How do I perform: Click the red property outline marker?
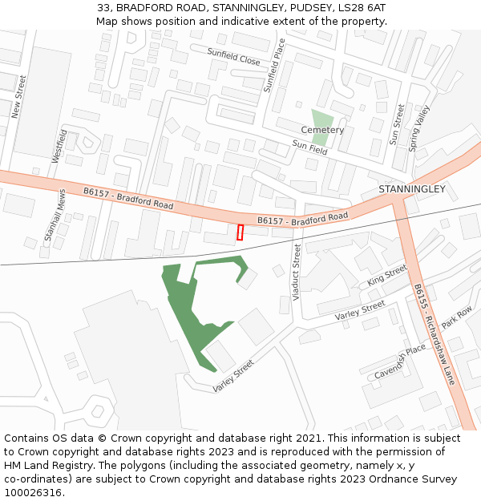tap(240, 232)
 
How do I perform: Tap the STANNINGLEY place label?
tap(411, 189)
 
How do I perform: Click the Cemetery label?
tap(322, 130)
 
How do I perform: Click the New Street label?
tap(18, 97)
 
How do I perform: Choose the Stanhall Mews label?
tap(55, 214)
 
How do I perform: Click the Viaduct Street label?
tap(297, 273)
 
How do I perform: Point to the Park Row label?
tap(457, 317)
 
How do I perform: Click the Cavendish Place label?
tap(400, 362)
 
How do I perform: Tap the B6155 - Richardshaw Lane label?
tap(434, 334)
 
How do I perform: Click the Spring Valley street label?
tap(419, 128)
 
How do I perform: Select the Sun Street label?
tap(397, 124)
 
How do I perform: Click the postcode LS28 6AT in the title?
tap(360, 7)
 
